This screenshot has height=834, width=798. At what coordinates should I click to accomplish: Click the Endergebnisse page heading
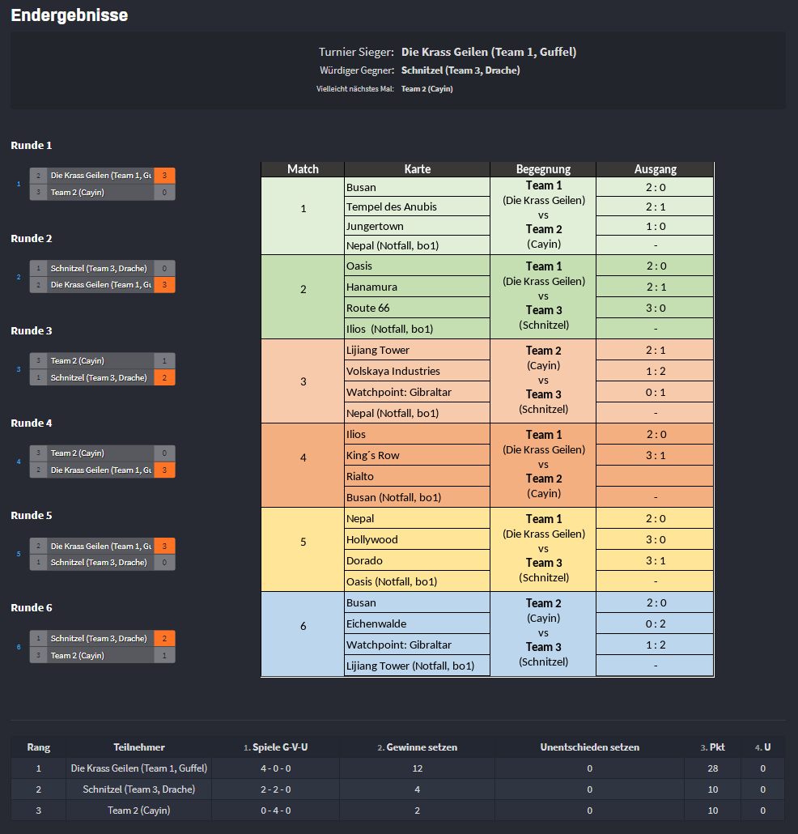pos(70,15)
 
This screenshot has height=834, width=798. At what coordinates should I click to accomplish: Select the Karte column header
pos(417,169)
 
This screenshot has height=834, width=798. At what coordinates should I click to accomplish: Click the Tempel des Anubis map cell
pos(392,206)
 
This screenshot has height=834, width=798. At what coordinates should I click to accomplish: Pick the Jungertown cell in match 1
pos(375,226)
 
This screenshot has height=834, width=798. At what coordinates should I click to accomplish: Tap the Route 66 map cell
pos(368,308)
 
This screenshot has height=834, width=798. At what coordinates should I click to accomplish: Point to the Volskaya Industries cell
pos(393,371)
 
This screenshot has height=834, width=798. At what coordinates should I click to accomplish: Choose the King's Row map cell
pos(373,455)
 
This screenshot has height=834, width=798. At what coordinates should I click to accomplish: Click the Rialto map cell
pos(360,476)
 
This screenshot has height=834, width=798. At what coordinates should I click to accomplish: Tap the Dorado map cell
pos(364,560)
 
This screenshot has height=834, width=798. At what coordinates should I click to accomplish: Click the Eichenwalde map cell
pos(376,623)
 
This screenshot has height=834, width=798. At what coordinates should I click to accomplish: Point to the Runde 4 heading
pos(32,423)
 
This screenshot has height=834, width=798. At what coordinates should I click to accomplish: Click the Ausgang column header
pos(655,169)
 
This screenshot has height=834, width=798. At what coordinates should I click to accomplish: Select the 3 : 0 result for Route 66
pos(655,308)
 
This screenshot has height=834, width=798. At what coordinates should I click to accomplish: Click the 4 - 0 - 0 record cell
pos(275,768)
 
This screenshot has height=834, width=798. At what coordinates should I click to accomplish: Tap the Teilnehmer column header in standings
pos(139,747)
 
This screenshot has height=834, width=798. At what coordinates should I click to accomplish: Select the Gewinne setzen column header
pos(417,747)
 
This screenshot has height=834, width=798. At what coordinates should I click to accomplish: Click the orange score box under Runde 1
pos(164,175)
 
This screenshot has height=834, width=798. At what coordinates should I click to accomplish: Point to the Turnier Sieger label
pos(356,52)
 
